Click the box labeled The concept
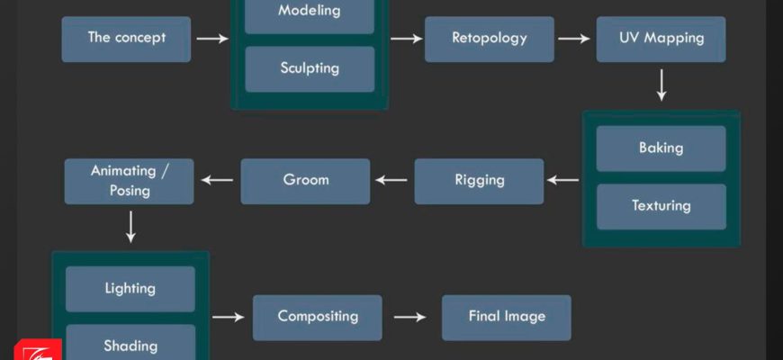pyautogui.click(x=126, y=39)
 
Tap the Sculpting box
pyautogui.click(x=309, y=68)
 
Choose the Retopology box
pyautogui.click(x=490, y=39)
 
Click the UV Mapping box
pyautogui.click(x=661, y=39)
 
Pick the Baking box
pyautogui.click(x=661, y=148)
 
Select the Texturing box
pyautogui.click(x=661, y=206)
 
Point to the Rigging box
pyautogui.click(x=479, y=180)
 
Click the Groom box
pyautogui.click(x=305, y=180)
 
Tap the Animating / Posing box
pyautogui.click(x=130, y=180)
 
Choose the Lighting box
pyautogui.click(x=130, y=289)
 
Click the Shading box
pyautogui.click(x=130, y=344)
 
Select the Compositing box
pyautogui.click(x=317, y=317)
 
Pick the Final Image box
pyautogui.click(x=506, y=317)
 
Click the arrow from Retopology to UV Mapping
pyautogui.click(x=574, y=39)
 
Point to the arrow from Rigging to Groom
pyautogui.click(x=391, y=180)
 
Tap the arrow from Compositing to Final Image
pyautogui.click(x=410, y=317)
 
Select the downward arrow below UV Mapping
pyautogui.click(x=661, y=85)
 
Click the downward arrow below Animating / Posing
pyautogui.click(x=130, y=227)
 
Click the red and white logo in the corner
pyautogui.click(x=37, y=349)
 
